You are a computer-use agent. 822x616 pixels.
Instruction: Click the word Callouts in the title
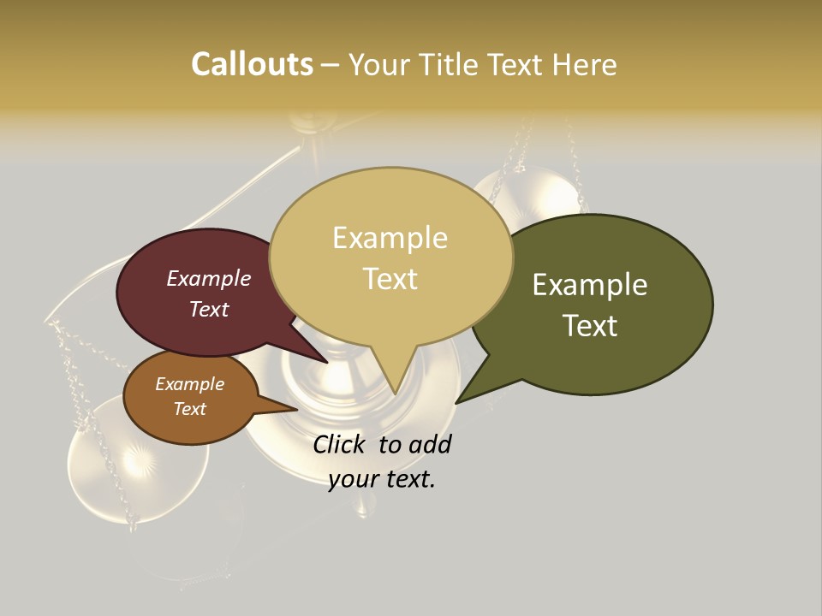tap(252, 65)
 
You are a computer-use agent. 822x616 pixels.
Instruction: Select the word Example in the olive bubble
tap(590, 285)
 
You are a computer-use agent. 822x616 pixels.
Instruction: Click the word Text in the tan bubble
tap(390, 279)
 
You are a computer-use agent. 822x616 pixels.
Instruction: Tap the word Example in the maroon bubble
tap(208, 278)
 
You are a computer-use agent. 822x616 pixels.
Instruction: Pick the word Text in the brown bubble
tap(189, 409)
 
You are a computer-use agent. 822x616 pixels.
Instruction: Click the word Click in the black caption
tap(340, 444)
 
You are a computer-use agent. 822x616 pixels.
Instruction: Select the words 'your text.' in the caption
tap(382, 479)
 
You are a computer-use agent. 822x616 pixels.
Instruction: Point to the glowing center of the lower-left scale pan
tap(137, 461)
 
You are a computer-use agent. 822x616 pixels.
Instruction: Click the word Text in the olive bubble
tap(590, 326)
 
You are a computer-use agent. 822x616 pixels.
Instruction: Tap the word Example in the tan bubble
tap(390, 238)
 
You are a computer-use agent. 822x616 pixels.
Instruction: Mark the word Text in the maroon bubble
tap(208, 309)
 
